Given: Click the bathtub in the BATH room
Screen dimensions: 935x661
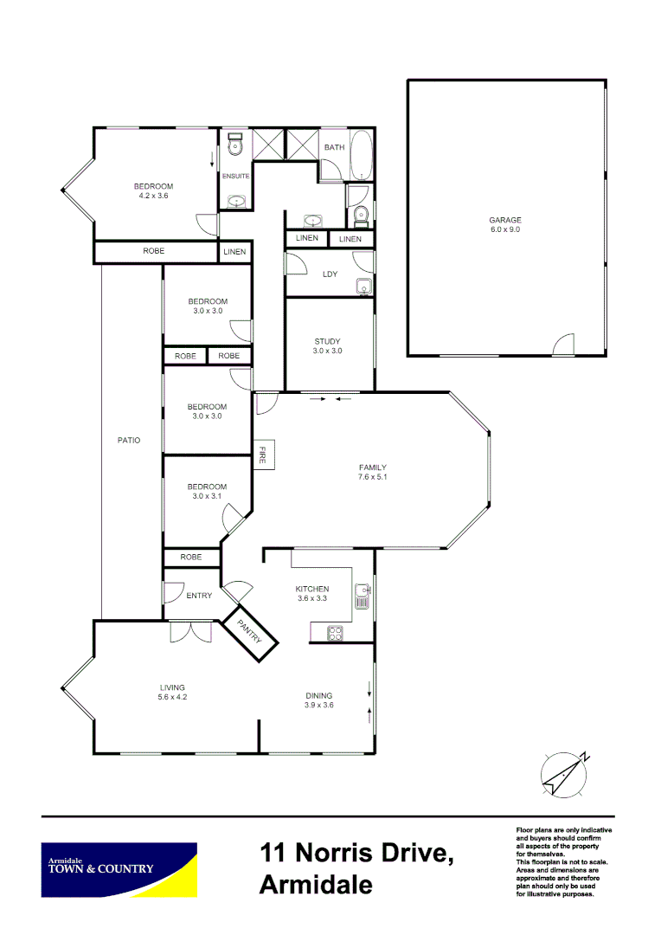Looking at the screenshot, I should click(x=362, y=156).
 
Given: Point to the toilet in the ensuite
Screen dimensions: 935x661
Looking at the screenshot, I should click(x=235, y=147).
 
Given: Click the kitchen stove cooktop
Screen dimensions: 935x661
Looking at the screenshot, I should click(x=335, y=634).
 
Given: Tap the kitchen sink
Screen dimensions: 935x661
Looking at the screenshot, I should click(x=363, y=595).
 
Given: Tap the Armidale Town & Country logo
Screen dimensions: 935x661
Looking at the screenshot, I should click(x=119, y=869).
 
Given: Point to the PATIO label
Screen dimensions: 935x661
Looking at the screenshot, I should click(x=129, y=440).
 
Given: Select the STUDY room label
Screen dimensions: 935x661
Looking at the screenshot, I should click(x=328, y=340).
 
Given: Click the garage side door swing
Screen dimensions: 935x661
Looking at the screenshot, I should click(x=564, y=345).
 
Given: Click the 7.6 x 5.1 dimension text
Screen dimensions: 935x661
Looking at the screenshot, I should click(x=372, y=477).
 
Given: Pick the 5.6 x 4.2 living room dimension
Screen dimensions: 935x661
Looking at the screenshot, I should click(x=172, y=697).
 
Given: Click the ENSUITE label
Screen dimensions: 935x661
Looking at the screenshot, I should click(x=236, y=176).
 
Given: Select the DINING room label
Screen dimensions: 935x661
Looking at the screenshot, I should click(x=319, y=695).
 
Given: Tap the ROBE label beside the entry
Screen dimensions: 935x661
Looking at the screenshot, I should click(x=191, y=558).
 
